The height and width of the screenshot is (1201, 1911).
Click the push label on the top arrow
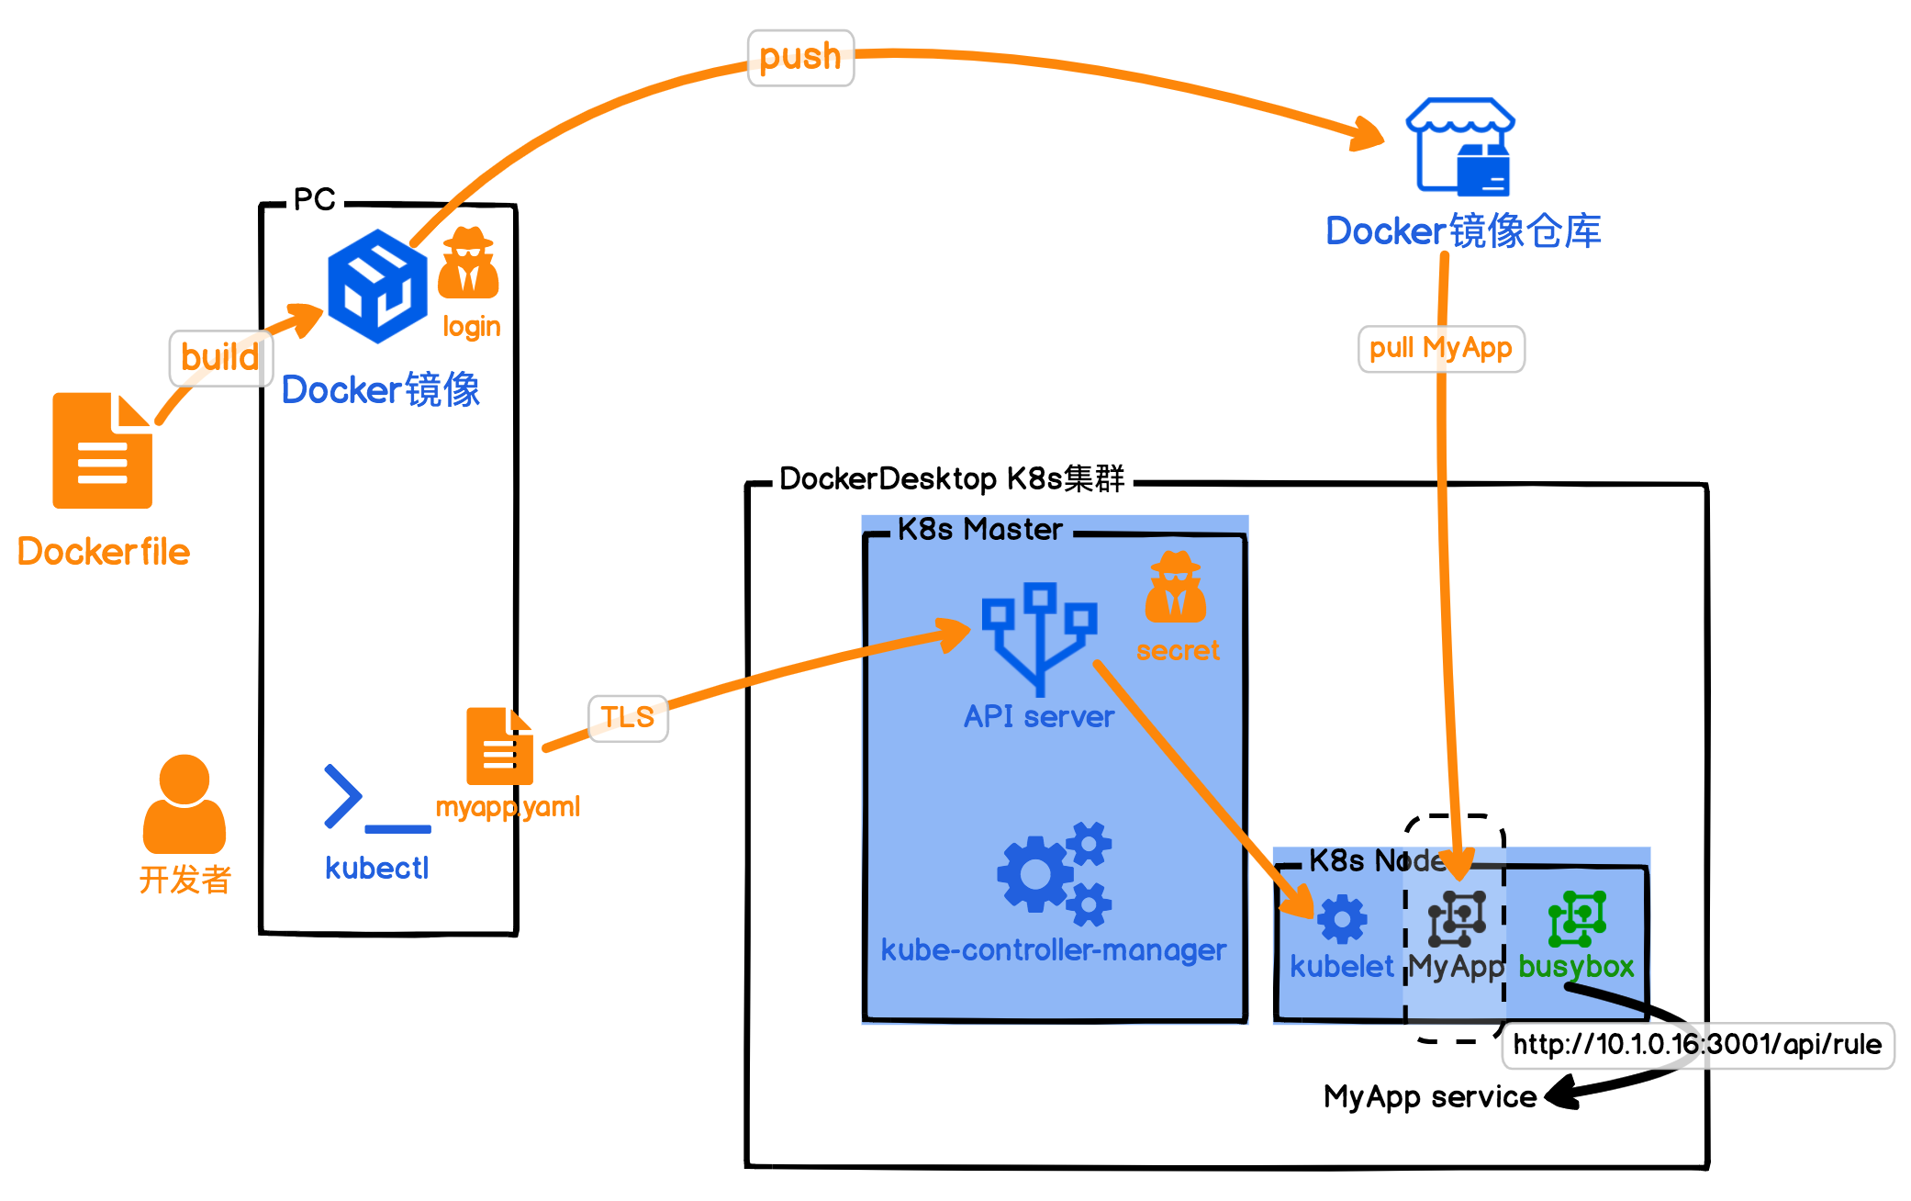pyautogui.click(x=800, y=57)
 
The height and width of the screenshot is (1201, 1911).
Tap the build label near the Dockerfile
pyautogui.click(x=220, y=357)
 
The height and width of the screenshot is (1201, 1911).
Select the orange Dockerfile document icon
pyautogui.click(x=102, y=451)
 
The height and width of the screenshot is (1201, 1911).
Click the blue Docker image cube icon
pyautogui.click(x=377, y=286)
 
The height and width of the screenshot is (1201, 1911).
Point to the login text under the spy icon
pyautogui.click(x=472, y=327)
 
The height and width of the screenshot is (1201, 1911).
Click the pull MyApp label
pyautogui.click(x=1440, y=349)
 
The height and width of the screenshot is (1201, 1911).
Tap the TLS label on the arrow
pyautogui.click(x=628, y=717)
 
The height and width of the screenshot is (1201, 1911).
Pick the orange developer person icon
pyautogui.click(x=184, y=804)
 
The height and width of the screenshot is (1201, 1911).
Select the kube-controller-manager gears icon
pyautogui.click(x=1055, y=873)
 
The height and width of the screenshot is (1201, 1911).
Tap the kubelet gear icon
pyautogui.click(x=1342, y=919)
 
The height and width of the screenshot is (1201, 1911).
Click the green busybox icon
pyautogui.click(x=1577, y=918)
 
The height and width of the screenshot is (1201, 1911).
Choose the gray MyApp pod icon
pyautogui.click(x=1456, y=918)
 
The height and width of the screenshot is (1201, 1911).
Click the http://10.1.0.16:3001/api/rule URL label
pyautogui.click(x=1697, y=1045)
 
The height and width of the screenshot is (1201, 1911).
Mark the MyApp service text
pyautogui.click(x=1429, y=1097)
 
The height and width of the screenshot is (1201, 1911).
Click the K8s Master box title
pyautogui.click(x=979, y=530)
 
